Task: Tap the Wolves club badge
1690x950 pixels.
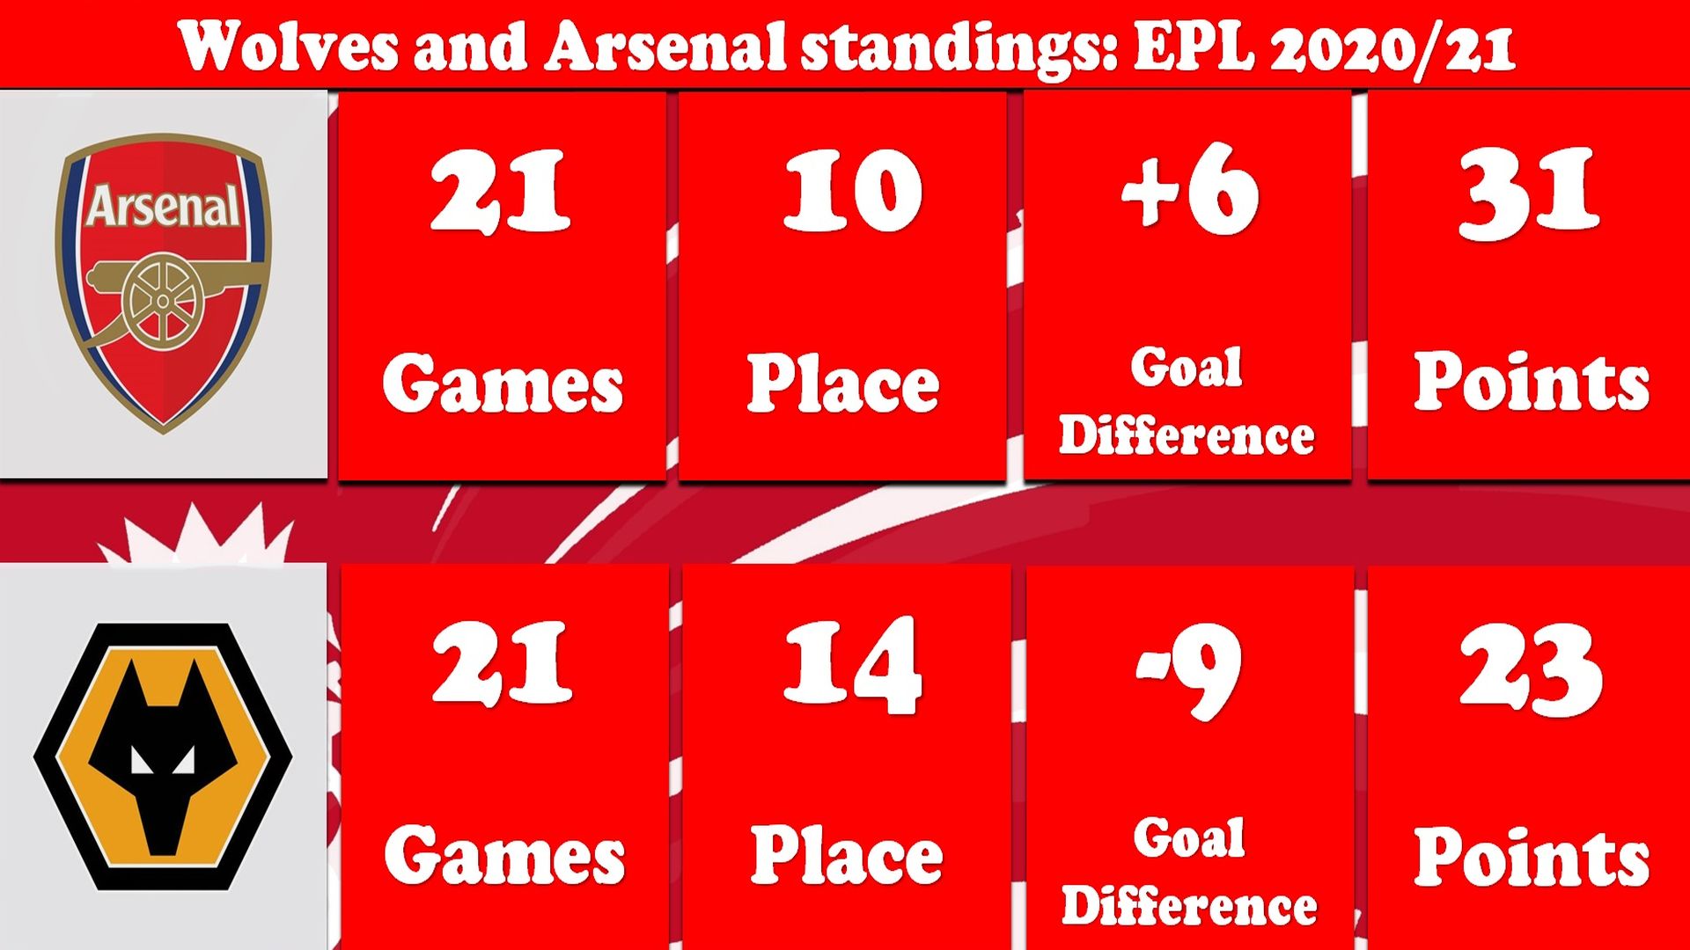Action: tap(164, 756)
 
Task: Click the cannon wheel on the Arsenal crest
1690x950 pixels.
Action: tap(163, 301)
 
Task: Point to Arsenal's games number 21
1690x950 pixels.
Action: tap(500, 191)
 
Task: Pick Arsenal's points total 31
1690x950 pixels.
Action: tap(1529, 193)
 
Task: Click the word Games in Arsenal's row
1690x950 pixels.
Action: tap(503, 384)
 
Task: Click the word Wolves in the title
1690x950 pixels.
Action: tap(288, 46)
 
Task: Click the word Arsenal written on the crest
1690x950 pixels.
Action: tap(163, 207)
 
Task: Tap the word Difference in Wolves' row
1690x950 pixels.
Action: tap(1189, 906)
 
